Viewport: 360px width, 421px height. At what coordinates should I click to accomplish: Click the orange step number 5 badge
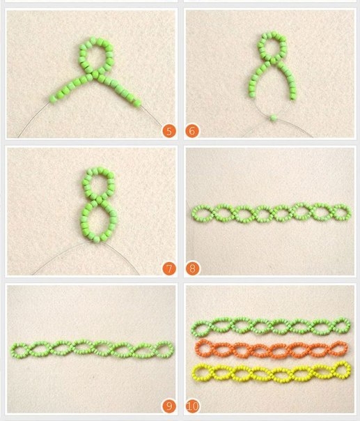pos(169,131)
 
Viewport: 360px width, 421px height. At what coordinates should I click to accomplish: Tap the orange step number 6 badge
pos(192,131)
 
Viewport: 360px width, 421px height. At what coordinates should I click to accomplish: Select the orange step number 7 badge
pos(169,268)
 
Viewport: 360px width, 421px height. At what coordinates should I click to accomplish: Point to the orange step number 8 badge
pos(192,268)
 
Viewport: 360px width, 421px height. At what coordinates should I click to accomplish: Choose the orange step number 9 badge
pos(169,406)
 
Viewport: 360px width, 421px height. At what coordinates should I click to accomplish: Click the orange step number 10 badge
pos(193,406)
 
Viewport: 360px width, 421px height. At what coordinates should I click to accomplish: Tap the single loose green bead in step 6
pos(274,118)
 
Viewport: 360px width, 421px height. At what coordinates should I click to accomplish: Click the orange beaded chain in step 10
pos(271,349)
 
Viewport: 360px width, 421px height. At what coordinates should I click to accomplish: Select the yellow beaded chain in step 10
pos(272,374)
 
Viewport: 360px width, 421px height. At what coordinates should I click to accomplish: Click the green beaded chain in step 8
pos(271,213)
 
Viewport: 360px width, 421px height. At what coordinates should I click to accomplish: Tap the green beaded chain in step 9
pos(92,350)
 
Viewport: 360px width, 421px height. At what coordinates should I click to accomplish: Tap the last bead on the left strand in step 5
pos(53,99)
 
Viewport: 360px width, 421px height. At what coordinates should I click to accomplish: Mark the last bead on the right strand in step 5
pos(137,103)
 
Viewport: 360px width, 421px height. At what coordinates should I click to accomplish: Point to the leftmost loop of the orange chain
pos(197,349)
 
